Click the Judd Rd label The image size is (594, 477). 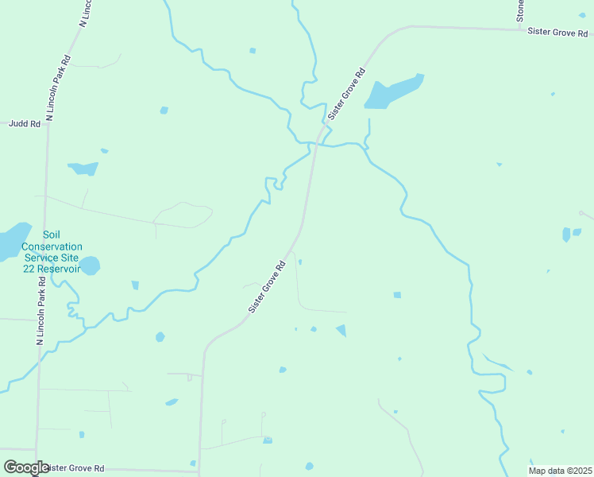point(24,124)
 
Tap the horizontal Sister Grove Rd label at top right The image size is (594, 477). point(558,33)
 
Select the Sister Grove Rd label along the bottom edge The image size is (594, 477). point(75,468)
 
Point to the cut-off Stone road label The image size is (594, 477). point(520,10)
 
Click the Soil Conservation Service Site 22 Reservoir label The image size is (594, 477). point(52,251)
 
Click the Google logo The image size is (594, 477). point(26,467)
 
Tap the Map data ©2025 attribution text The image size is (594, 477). point(560,471)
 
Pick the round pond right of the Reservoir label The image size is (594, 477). point(90,265)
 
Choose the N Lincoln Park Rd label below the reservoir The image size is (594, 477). point(40,310)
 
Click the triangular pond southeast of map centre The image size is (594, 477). point(341,330)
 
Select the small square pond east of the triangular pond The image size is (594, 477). point(397,295)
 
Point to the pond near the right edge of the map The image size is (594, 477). point(566,235)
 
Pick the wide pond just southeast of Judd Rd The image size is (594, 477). point(83,169)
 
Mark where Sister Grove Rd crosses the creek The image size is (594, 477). point(317,143)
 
